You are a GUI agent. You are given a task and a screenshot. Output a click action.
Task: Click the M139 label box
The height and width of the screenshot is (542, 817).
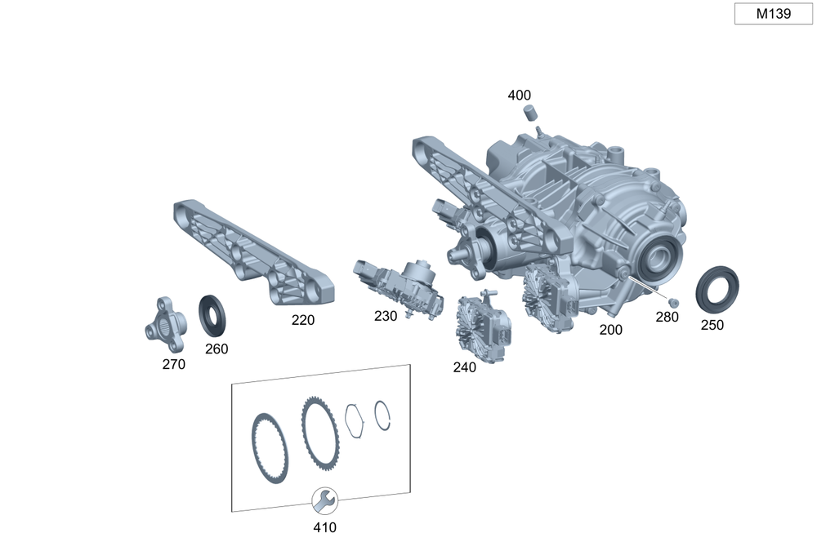pos(773,14)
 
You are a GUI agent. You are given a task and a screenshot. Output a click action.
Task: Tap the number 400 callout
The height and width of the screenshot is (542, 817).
pos(519,96)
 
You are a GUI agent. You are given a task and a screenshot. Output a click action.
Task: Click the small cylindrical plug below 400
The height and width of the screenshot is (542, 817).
pos(530,112)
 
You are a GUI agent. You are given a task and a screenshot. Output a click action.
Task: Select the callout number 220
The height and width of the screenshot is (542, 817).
pos(303,320)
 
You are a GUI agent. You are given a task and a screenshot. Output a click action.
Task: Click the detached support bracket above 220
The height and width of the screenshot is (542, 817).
pos(254,252)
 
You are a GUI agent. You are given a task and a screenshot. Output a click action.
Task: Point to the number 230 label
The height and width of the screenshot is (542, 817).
pos(386,316)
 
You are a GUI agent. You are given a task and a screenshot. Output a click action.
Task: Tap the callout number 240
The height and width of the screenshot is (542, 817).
pos(464,367)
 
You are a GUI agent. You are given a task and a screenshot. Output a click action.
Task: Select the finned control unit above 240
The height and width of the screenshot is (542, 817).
pos(484,327)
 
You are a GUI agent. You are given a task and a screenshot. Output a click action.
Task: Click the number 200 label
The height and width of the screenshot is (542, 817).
pos(610,330)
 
